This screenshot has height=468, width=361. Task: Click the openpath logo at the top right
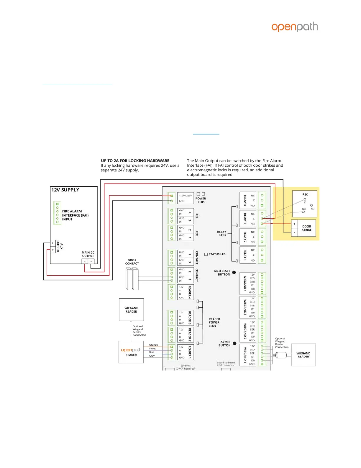tap(294, 27)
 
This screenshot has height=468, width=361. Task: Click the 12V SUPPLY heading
tap(65, 190)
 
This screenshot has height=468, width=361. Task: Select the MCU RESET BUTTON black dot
tap(234, 272)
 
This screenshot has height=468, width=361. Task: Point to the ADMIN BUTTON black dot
tap(234, 343)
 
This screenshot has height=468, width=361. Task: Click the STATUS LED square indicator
tap(206, 254)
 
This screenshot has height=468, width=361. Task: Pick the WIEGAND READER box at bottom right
tap(303, 355)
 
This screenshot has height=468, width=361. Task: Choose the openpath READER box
tap(131, 352)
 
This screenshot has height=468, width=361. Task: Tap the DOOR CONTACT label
tap(132, 262)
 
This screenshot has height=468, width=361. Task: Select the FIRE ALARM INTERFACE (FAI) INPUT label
tap(75, 215)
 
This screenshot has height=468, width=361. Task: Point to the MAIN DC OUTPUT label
tap(88, 254)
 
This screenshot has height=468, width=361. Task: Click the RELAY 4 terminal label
tap(245, 201)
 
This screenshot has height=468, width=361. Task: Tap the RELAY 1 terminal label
tap(245, 255)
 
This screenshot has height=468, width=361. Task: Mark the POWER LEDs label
tap(201, 200)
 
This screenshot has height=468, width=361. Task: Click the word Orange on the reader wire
tap(153, 345)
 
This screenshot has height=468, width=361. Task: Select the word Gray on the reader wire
tap(152, 356)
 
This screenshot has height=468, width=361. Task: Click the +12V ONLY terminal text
tap(185, 196)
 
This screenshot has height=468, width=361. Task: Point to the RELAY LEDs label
tap(222, 233)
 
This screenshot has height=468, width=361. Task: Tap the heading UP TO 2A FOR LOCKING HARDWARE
tap(135, 161)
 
